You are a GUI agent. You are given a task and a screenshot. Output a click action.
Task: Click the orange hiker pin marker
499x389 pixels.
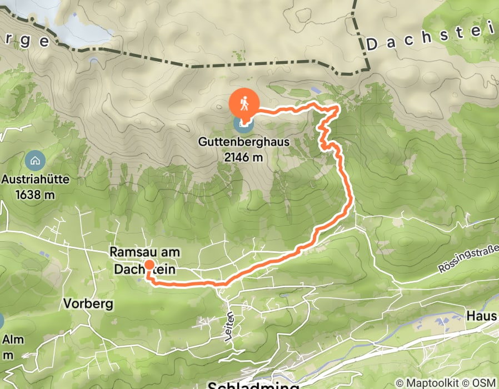(244, 103)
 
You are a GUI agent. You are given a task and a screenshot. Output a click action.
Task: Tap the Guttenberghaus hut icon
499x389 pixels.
(243, 123)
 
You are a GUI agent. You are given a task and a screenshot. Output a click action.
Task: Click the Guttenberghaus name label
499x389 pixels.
(244, 142)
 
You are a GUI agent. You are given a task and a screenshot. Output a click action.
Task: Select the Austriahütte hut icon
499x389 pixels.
(34, 162)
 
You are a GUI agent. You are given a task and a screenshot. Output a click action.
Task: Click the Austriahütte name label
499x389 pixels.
(34, 180)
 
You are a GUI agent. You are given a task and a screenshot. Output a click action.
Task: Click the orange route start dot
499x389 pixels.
(149, 265)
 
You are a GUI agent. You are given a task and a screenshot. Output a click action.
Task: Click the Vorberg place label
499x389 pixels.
(88, 304)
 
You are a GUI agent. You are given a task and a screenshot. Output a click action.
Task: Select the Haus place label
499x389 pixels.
(482, 316)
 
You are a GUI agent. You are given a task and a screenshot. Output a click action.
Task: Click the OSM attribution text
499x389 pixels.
(483, 383)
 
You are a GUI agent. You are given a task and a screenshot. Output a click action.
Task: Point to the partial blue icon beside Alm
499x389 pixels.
(2, 321)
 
